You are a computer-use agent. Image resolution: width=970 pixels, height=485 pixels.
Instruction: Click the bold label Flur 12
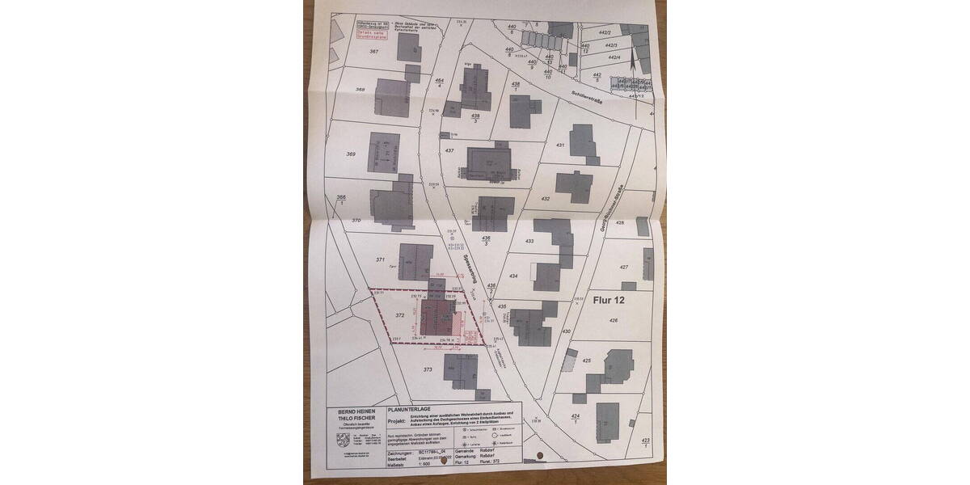point(609,299)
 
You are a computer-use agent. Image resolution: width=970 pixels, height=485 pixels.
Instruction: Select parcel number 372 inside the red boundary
point(399,315)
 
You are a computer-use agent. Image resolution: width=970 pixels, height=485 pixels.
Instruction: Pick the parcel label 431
point(559,145)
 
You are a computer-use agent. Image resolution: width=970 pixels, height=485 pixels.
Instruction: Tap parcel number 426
point(614,322)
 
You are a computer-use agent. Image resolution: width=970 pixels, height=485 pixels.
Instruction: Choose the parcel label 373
point(428,369)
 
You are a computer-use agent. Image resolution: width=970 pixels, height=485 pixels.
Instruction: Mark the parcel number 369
point(350,154)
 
